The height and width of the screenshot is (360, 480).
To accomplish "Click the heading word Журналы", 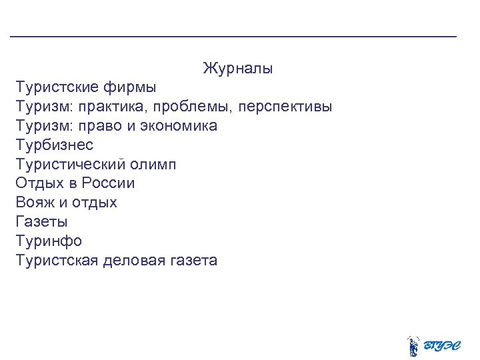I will pyautogui.click(x=238, y=69).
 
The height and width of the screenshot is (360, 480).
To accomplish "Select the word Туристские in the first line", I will pyautogui.click(x=57, y=87).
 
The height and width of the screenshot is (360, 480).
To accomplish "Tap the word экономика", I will pyautogui.click(x=179, y=126).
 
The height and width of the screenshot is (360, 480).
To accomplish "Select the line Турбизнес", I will pyautogui.click(x=55, y=145).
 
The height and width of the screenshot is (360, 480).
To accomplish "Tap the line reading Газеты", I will pyautogui.click(x=41, y=221).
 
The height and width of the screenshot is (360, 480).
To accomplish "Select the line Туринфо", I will pyautogui.click(x=49, y=241).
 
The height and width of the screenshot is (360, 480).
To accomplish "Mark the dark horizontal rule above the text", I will pyautogui.click(x=233, y=35).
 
